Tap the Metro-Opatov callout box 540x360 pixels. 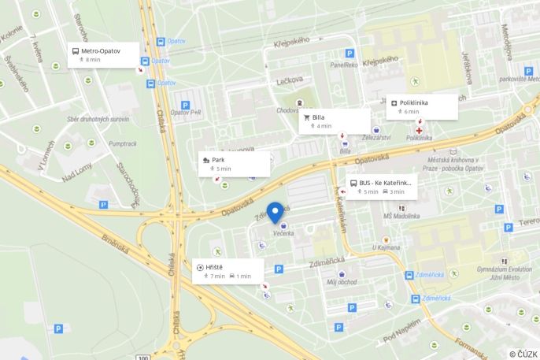[x=103, y=54]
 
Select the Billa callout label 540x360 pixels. [x=334, y=121]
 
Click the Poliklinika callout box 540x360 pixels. [x=422, y=106]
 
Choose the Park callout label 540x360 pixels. [x=234, y=164]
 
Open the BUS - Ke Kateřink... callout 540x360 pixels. [x=381, y=187]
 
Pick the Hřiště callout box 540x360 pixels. [x=228, y=271]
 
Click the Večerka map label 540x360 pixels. [x=283, y=233]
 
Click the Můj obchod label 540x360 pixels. [x=342, y=281]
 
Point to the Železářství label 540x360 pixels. [x=376, y=138]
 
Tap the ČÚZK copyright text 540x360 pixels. [x=523, y=354]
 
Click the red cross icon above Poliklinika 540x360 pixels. [x=419, y=129]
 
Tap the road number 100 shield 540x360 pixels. [x=142, y=357]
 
